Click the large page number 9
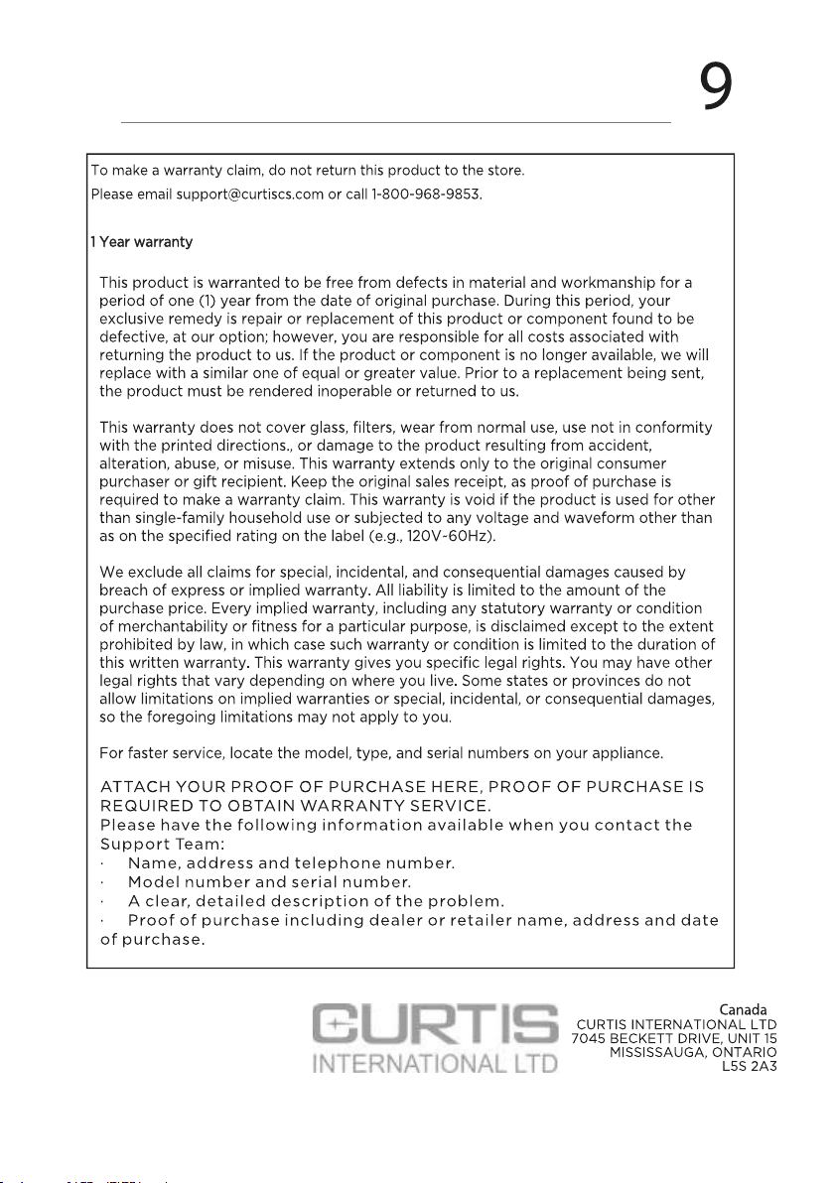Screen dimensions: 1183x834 pos(716,86)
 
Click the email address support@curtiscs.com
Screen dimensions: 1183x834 pos(249,194)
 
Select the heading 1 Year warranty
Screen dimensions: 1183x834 pos(141,242)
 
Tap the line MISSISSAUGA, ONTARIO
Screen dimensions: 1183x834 pos(693,1052)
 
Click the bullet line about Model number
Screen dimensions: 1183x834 pos(269,882)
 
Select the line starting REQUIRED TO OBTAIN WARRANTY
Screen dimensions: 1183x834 pos(295,806)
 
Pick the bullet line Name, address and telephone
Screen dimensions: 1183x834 pos(291,863)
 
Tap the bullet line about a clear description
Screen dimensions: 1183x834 pos(316,902)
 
